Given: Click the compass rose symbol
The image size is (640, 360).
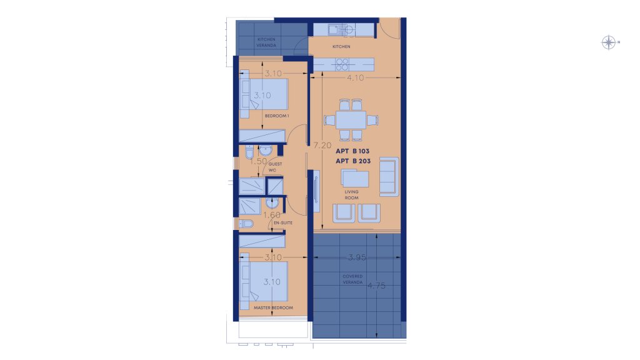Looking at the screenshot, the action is [609, 42].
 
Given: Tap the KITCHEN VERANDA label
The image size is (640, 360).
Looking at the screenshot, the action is [266, 42].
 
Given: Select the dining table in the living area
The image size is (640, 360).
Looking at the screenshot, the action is [351, 120].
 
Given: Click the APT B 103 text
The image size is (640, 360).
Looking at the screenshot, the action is [352, 151].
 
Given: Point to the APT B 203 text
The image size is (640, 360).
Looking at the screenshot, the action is [353, 161].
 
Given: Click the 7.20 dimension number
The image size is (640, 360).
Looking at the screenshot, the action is [322, 145].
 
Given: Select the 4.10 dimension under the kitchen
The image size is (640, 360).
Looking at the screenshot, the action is [355, 77].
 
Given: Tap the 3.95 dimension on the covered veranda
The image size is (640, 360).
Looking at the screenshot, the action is [357, 257].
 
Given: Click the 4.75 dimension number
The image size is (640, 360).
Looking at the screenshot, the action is [376, 286].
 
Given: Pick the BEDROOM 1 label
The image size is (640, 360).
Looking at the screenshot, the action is [277, 116].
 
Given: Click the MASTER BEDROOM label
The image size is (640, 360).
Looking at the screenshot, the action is [274, 307].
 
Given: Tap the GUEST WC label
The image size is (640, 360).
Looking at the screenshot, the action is [274, 167].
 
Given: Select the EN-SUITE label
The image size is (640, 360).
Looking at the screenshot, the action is [283, 223].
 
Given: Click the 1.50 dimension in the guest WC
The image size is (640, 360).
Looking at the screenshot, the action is [258, 161].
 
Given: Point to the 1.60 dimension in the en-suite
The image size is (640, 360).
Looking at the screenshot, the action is [272, 215].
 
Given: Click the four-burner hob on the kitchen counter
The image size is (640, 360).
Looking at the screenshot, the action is [342, 64].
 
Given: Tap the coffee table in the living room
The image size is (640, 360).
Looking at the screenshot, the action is [355, 179].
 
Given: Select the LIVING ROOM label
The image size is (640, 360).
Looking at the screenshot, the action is [351, 195].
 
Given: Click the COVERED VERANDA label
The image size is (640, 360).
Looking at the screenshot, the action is [352, 279].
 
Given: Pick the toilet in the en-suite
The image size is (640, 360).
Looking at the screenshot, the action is [246, 224].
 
